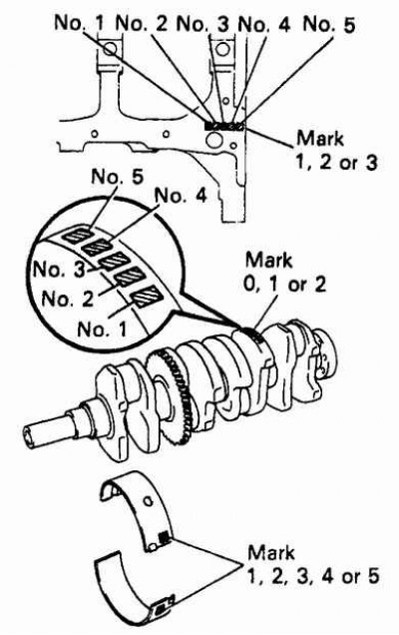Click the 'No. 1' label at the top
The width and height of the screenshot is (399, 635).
79,23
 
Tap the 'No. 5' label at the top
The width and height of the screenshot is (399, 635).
329,24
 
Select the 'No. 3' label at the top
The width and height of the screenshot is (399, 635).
202,24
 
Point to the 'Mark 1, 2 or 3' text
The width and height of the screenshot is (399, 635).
337,150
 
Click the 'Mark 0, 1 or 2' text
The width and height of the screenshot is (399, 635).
284,272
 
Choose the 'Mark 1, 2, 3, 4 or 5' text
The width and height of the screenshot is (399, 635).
313,564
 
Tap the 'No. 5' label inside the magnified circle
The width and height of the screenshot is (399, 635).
118,177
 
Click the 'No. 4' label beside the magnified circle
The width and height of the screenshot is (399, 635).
181,196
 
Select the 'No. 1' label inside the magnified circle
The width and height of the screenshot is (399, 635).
102,328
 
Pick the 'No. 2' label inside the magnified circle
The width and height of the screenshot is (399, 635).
67,299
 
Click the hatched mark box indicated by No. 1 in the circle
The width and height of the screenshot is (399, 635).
147,297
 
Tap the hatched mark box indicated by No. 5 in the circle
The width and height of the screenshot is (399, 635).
77,236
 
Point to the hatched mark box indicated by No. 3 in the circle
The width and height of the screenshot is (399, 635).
114,262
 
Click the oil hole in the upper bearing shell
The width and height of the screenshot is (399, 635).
148,501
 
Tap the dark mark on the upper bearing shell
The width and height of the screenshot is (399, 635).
164,538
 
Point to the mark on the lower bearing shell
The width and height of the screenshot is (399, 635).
161,607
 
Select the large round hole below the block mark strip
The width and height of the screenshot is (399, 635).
213,141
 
